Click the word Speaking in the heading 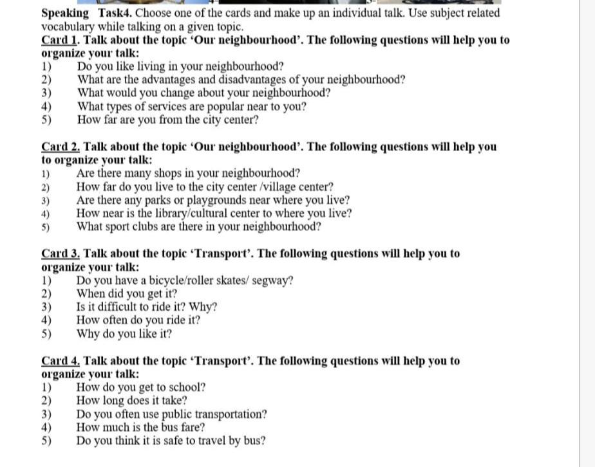pos(65,13)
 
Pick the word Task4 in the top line pos(115,13)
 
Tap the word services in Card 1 pos(172,107)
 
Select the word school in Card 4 pos(186,387)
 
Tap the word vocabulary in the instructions pos(68,26)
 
